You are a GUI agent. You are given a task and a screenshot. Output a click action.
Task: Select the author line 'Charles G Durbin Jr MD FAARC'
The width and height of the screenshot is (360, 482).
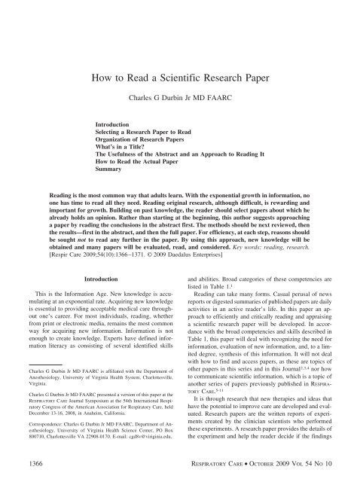[x=179, y=98]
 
